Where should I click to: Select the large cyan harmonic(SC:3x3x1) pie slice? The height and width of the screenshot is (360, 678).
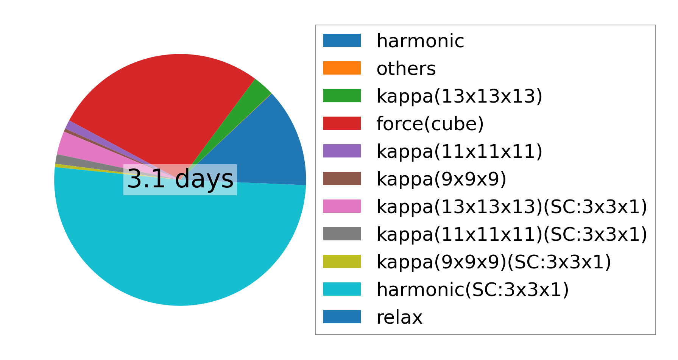click(180, 246)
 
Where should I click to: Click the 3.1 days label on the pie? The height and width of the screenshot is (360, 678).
click(180, 179)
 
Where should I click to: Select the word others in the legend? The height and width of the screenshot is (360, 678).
click(406, 69)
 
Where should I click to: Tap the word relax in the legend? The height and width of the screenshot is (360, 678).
click(399, 317)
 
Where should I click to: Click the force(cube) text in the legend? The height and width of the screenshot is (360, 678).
click(430, 124)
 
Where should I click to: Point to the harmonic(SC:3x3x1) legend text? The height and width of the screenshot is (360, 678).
click(472, 290)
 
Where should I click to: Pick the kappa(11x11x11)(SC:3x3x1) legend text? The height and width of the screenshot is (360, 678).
click(512, 234)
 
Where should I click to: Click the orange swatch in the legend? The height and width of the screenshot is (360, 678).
click(342, 68)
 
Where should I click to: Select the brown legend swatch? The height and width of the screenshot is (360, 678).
click(342, 179)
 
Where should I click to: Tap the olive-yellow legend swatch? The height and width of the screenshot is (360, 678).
click(342, 262)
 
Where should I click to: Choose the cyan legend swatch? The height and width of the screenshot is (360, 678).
click(342, 289)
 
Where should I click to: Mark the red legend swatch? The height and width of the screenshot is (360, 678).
click(342, 123)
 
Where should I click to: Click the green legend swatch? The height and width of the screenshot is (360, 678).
click(342, 96)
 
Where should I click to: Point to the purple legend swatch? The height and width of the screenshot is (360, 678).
click(342, 151)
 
